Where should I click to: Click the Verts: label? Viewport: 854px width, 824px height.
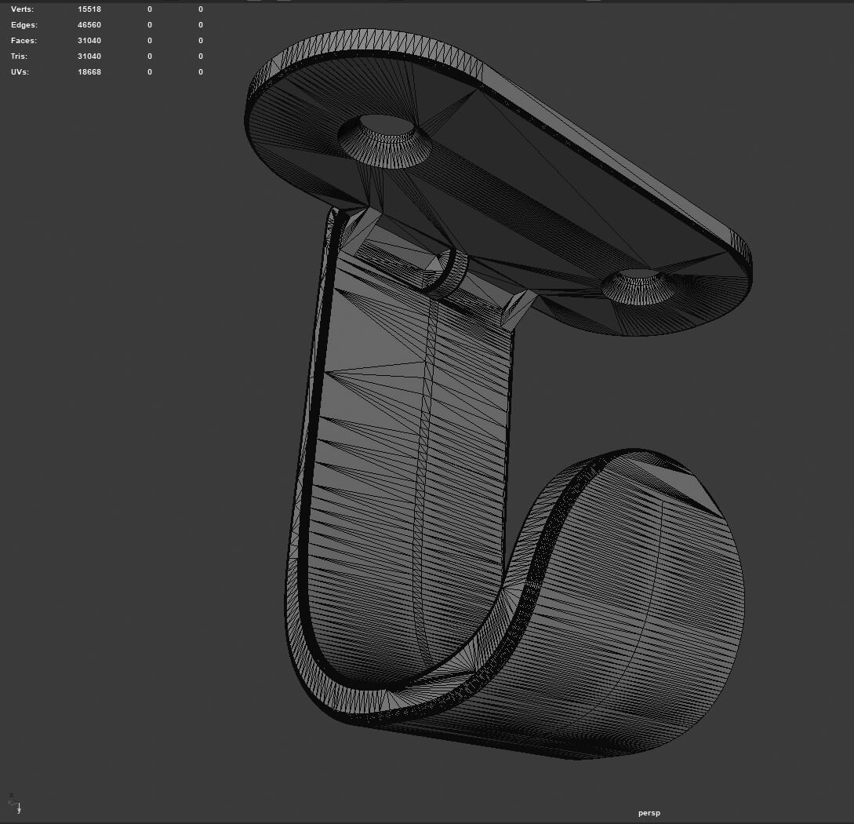23,9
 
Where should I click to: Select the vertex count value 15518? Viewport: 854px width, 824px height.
89,9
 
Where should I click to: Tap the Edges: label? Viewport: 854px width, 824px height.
24,25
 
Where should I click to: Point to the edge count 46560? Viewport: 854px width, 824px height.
89,25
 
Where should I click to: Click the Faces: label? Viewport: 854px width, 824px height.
24,41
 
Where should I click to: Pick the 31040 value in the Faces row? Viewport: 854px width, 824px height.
89,41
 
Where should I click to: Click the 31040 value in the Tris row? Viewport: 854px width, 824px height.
89,57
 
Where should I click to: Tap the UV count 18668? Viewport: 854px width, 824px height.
89,72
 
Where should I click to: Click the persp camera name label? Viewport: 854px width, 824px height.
649,813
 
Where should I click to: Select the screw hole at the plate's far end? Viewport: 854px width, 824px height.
638,286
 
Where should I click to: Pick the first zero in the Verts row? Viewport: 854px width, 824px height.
150,9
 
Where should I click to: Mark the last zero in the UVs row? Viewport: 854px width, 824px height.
201,72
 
